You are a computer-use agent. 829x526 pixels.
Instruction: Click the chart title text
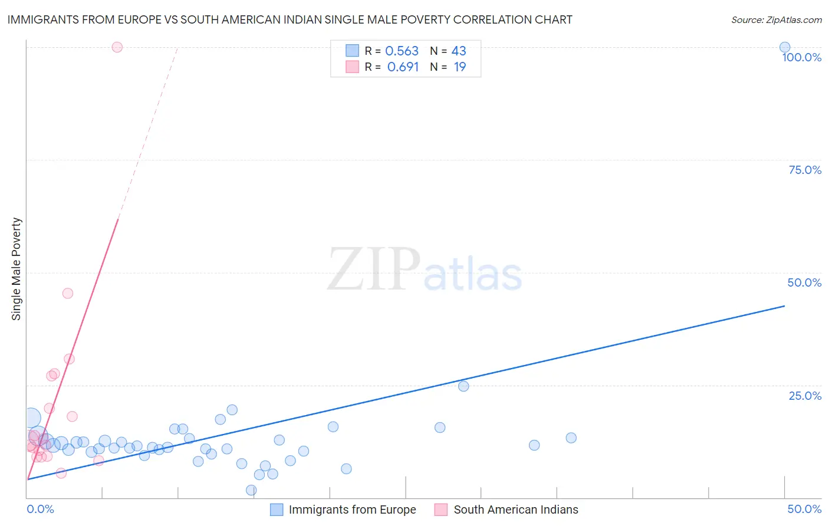point(290,19)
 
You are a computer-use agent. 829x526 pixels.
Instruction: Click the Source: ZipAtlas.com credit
point(776,19)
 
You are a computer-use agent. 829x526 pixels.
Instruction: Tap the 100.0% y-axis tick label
point(801,57)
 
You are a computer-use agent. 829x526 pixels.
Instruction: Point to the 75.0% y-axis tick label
point(805,170)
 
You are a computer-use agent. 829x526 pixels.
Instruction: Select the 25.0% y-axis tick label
point(805,396)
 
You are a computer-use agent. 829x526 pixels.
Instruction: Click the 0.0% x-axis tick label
point(40,509)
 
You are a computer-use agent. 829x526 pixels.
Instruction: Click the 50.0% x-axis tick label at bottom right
point(804,509)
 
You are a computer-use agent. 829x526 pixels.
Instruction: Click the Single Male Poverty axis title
point(17,269)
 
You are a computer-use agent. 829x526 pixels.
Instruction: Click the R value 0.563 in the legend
point(402,51)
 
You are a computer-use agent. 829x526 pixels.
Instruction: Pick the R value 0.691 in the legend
point(403,67)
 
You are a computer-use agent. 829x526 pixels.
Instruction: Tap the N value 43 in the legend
point(459,51)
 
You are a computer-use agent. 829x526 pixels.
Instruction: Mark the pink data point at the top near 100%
point(117,47)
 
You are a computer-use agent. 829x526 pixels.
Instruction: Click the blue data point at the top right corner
point(785,47)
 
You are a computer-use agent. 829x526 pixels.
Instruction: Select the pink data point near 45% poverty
point(68,293)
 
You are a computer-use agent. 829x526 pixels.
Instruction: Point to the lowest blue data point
point(251,490)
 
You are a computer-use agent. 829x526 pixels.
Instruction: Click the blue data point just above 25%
point(463,386)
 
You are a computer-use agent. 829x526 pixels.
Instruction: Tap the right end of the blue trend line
point(784,306)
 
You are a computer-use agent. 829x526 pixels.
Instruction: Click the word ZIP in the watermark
point(374,269)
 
